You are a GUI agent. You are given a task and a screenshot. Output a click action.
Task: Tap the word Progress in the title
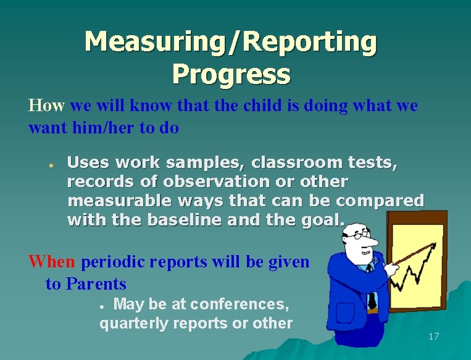point(231,74)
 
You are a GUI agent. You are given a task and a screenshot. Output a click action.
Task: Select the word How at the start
point(46,106)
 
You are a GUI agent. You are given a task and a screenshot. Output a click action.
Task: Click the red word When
point(52,262)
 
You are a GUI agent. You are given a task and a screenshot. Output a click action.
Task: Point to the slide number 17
point(433,337)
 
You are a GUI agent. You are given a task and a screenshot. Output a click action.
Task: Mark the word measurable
point(112,201)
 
